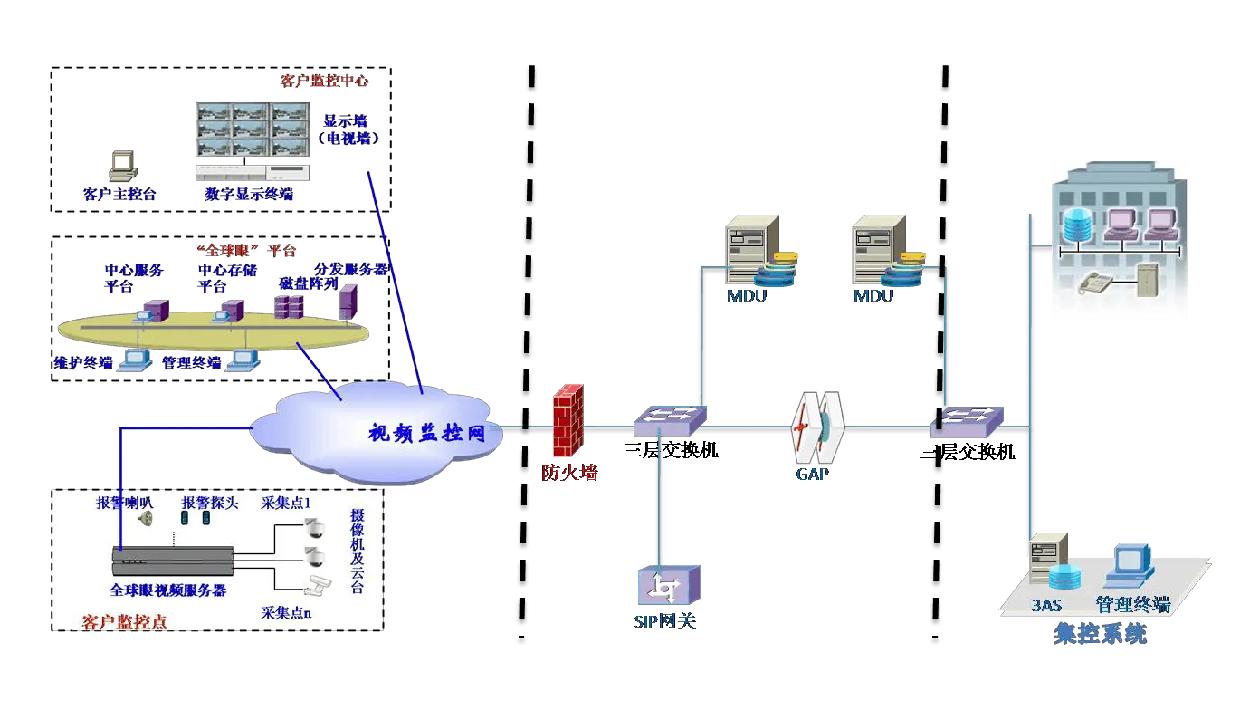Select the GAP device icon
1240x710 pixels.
point(817,427)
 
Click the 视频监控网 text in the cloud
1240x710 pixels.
point(426,433)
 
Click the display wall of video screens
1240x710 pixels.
point(253,131)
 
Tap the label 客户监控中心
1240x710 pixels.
point(324,81)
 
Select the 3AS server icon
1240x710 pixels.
point(1048,565)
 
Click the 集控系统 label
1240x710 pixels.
point(1100,633)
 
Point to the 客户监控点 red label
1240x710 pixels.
point(124,622)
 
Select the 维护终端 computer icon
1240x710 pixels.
point(135,360)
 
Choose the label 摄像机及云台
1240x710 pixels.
point(357,551)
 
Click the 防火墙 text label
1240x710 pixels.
point(569,472)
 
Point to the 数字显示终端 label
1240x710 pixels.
point(249,194)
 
